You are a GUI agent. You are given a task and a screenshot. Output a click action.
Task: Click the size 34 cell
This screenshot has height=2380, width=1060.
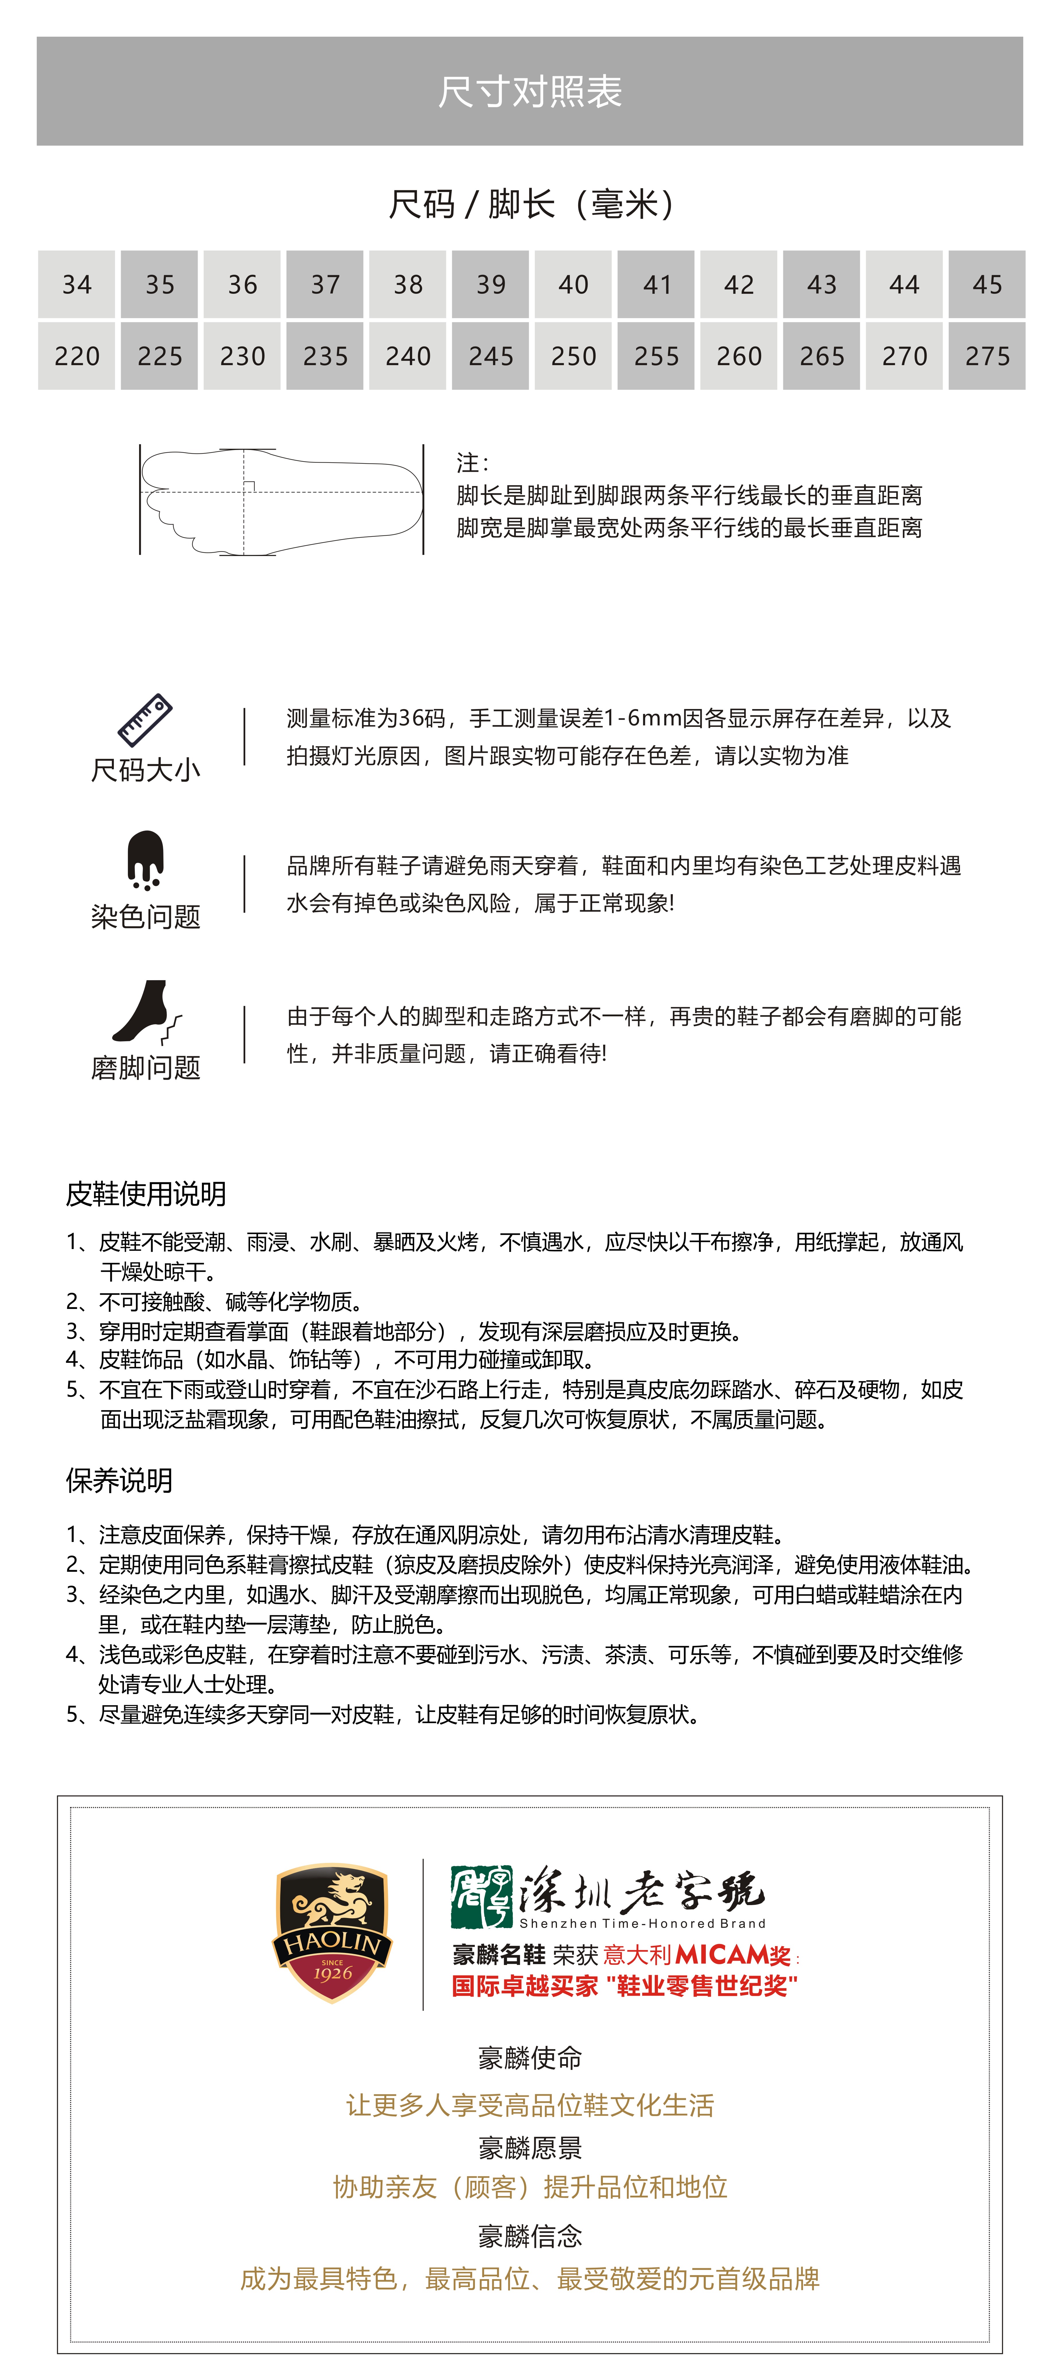tap(77, 285)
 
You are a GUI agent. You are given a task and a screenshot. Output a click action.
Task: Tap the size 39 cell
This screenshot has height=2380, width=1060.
tap(491, 285)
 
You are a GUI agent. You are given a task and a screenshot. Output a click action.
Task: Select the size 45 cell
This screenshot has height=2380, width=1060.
tap(987, 285)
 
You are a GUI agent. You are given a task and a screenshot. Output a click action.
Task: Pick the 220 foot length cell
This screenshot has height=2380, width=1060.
tap(77, 356)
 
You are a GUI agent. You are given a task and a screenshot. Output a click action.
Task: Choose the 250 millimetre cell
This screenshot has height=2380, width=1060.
tap(573, 356)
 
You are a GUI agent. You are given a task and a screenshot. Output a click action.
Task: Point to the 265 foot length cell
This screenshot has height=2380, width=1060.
tap(822, 356)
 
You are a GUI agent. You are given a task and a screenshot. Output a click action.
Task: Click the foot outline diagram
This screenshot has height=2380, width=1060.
tap(281, 500)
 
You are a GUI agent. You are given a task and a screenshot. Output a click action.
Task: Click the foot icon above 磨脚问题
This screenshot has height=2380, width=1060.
tap(145, 1012)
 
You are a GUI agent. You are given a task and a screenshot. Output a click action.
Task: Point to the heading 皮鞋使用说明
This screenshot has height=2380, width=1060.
tap(146, 1194)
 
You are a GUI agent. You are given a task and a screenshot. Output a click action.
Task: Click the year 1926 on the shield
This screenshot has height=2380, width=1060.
tap(333, 1972)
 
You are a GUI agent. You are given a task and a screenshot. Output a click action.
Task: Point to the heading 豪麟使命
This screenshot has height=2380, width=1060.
tap(529, 2058)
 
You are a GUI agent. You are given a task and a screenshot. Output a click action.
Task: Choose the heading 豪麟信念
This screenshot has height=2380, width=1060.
tap(529, 2236)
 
